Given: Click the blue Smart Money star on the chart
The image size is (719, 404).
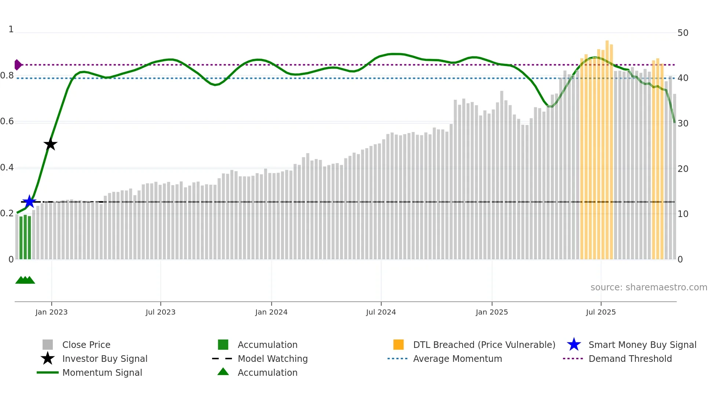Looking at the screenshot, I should [x=29, y=202].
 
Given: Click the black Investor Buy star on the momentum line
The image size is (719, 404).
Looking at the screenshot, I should [x=51, y=144].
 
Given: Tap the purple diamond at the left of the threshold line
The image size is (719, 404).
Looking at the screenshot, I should [x=18, y=65].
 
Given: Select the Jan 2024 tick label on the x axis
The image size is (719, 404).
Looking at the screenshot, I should [x=271, y=312].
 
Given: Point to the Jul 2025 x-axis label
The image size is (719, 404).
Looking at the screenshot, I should [x=601, y=312].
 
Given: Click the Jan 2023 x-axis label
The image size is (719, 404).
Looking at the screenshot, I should [x=51, y=312].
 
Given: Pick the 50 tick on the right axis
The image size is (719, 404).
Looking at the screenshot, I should [x=683, y=33].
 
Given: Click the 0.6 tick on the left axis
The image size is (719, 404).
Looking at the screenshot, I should [x=7, y=121].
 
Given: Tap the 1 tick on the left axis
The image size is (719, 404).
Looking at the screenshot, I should [x=11, y=29].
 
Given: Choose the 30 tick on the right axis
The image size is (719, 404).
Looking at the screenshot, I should [x=683, y=124].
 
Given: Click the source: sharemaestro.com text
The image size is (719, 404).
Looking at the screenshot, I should [x=649, y=287].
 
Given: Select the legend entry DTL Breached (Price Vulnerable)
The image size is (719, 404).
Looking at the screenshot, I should [x=484, y=345].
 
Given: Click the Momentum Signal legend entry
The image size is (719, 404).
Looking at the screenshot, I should [x=102, y=372].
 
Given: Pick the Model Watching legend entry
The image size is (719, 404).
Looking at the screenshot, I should [x=272, y=359].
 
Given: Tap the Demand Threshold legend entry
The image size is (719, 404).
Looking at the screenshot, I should [x=630, y=359].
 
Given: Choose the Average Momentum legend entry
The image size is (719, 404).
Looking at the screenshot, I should [x=457, y=359].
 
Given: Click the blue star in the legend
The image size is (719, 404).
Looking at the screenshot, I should [x=574, y=345].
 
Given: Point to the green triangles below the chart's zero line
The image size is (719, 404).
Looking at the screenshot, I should [x=25, y=280].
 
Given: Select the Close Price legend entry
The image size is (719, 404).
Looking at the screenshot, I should [x=86, y=345].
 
